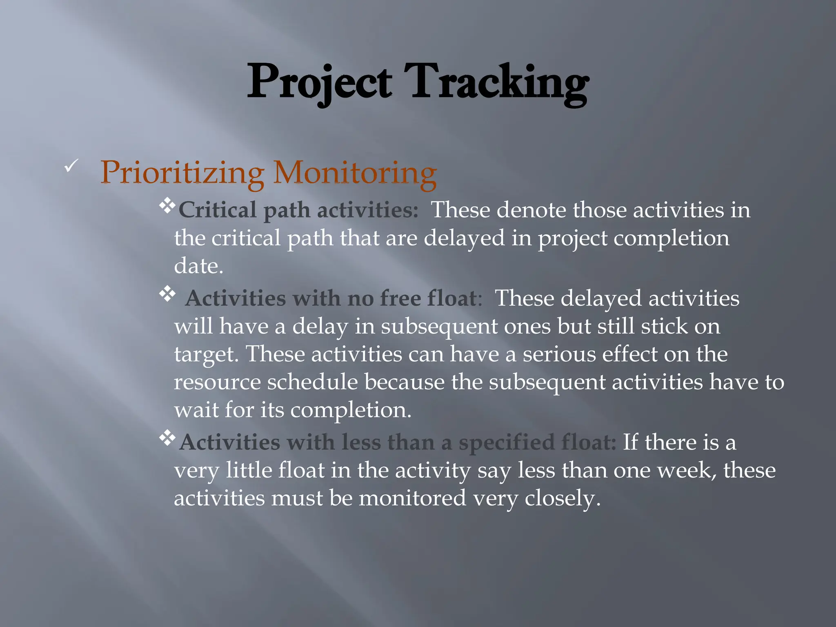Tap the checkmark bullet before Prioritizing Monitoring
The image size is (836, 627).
pyautogui.click(x=71, y=166)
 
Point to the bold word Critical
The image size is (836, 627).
pyautogui.click(x=217, y=210)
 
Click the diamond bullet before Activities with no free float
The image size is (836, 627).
pyautogui.click(x=167, y=293)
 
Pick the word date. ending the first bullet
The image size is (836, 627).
pyautogui.click(x=198, y=266)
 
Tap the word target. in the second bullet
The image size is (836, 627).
pyautogui.click(x=206, y=354)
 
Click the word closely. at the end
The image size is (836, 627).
pyautogui.click(x=563, y=498)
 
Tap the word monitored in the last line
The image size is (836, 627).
pyautogui.click(x=412, y=498)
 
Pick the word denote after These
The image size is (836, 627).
pyautogui.click(x=531, y=210)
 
